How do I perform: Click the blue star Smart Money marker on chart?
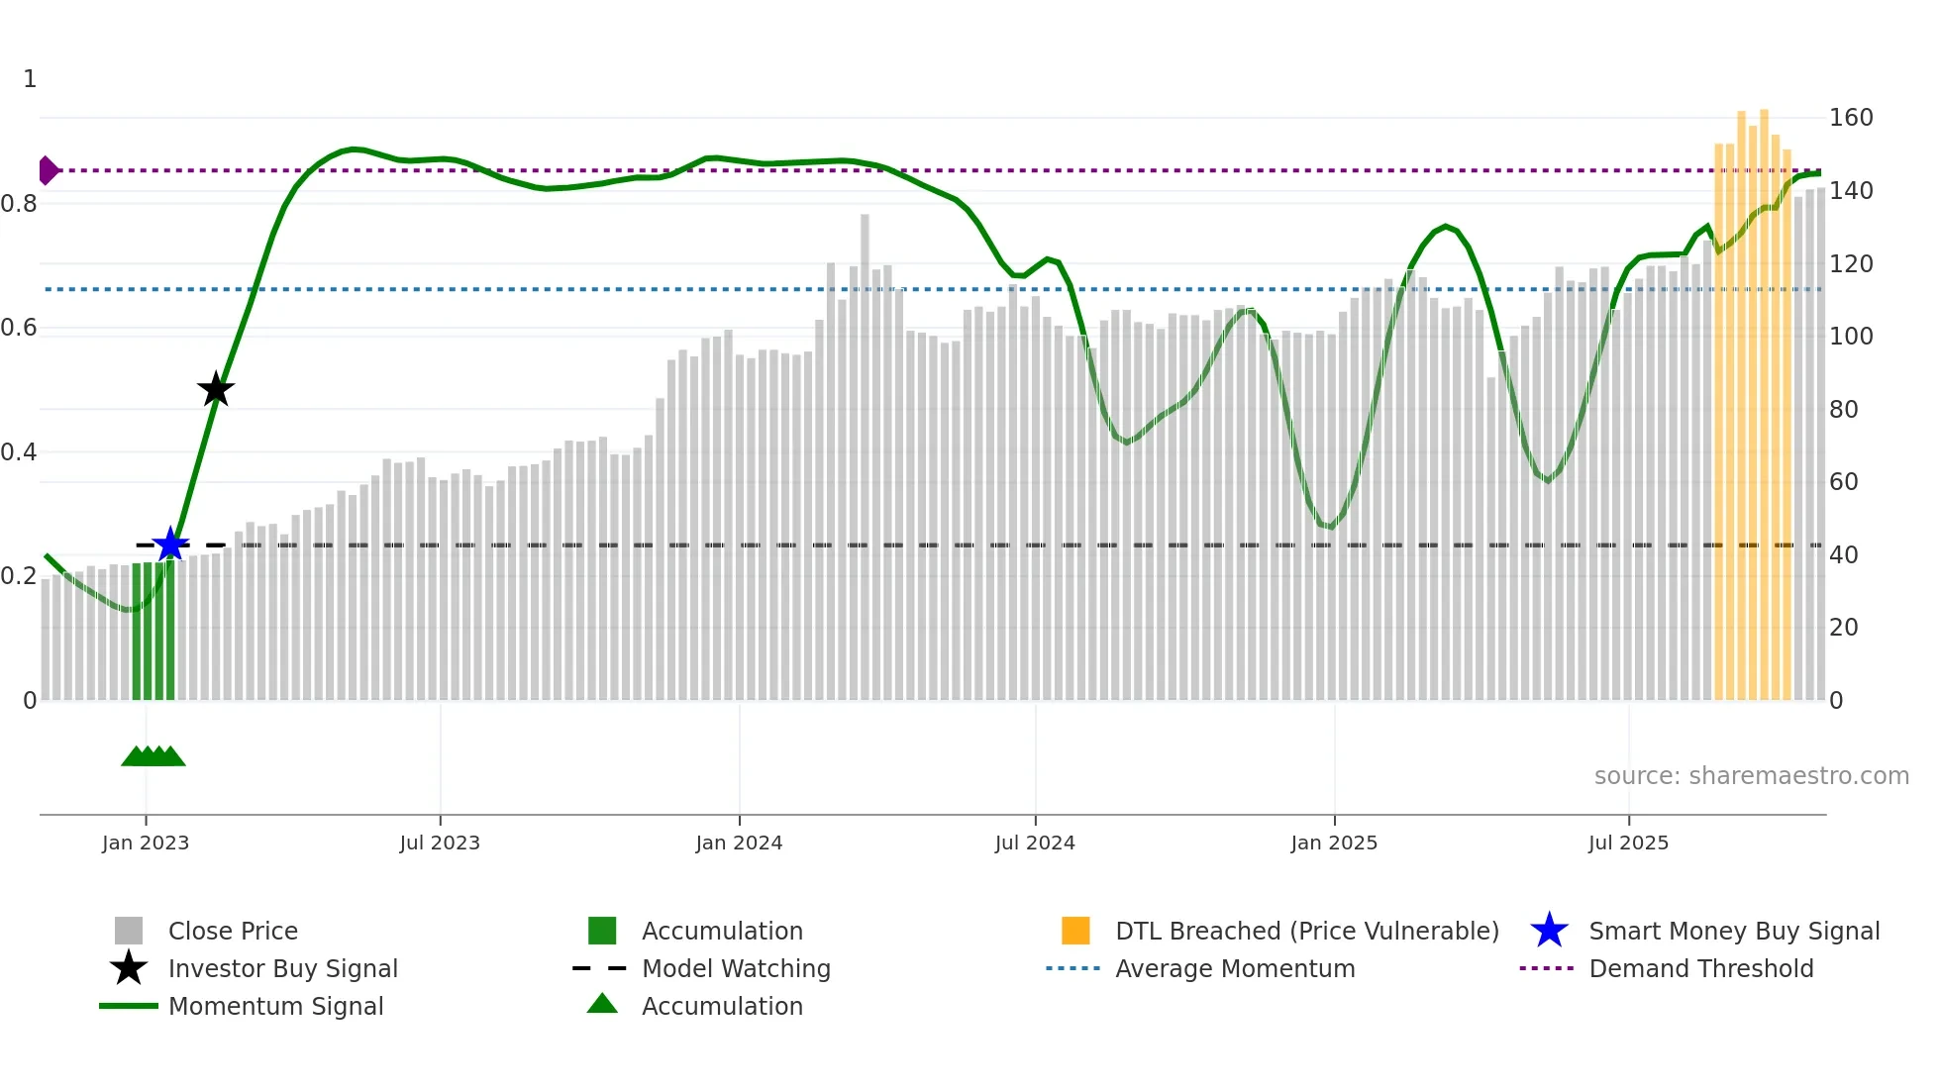click(170, 545)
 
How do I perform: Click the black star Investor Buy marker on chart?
click(216, 389)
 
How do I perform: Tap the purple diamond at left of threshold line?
click(48, 170)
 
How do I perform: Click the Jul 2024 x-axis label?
click(1035, 843)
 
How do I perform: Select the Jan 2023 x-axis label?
click(146, 843)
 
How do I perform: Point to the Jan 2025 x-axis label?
click(1334, 843)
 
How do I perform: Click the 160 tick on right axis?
click(1850, 118)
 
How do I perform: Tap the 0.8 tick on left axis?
click(19, 204)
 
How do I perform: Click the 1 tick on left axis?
click(30, 79)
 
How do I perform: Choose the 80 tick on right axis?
click(1843, 409)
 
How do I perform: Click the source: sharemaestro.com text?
click(1751, 775)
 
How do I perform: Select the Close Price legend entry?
click(232, 931)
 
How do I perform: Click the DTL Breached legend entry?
click(1306, 931)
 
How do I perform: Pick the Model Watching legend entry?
click(735, 968)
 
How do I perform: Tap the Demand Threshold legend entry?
click(1700, 968)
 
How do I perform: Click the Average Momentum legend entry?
click(1234, 968)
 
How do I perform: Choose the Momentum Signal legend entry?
click(275, 1006)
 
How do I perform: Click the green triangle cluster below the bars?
click(153, 756)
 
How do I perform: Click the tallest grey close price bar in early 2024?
click(865, 455)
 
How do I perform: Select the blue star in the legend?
click(1549, 931)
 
